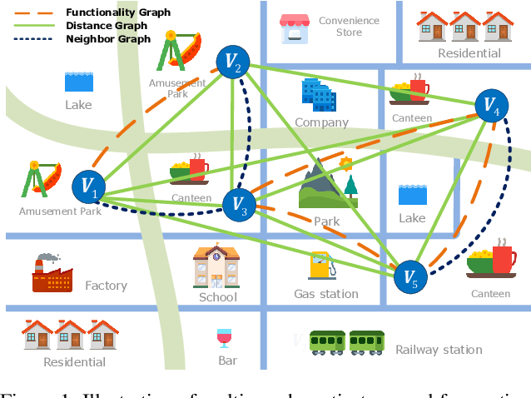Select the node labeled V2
233,62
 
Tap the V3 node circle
240,202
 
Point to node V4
489,105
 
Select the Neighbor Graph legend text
107,39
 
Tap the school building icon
216,266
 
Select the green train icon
346,341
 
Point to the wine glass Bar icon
224,338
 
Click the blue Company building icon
319,95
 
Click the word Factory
106,286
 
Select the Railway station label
439,350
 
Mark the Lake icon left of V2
79,82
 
